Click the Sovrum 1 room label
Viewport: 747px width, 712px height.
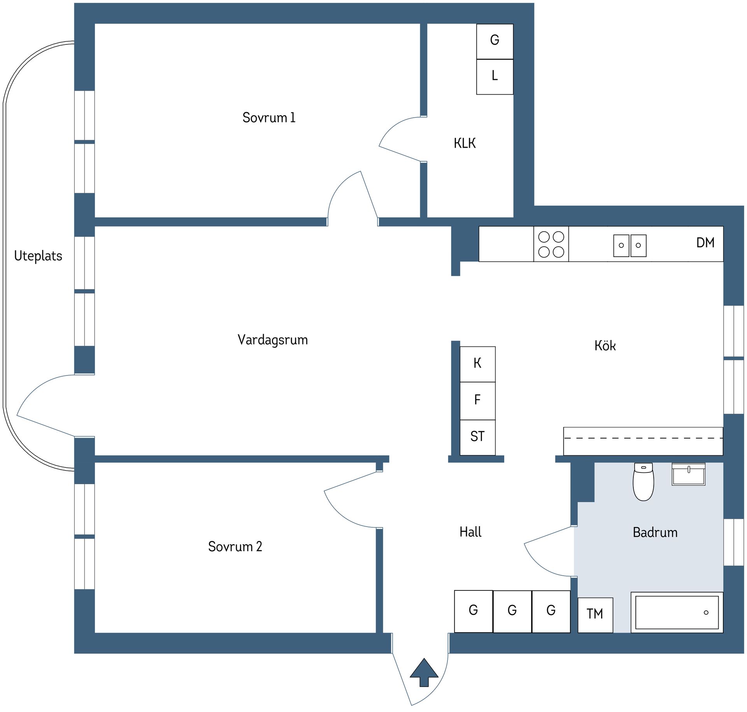click(x=269, y=118)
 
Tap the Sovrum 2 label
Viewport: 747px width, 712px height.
click(x=235, y=546)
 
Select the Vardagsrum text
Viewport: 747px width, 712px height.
click(x=273, y=340)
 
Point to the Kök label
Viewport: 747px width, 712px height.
click(x=605, y=345)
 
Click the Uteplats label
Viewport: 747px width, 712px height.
click(x=38, y=256)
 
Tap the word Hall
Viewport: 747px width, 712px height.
click(x=470, y=532)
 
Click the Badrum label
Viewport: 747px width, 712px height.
click(x=655, y=532)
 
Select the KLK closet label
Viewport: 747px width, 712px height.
click(x=465, y=143)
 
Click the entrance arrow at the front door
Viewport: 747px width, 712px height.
click(x=424, y=672)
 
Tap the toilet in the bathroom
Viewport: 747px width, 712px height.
click(x=644, y=482)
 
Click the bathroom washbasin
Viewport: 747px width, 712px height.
click(x=689, y=474)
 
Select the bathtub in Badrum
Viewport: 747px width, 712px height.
click(x=677, y=613)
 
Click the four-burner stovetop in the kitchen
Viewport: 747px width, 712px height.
click(x=551, y=244)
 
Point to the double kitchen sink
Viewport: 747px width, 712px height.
click(x=630, y=245)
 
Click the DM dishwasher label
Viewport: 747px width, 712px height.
click(x=705, y=243)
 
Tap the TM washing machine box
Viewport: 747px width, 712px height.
click(x=595, y=615)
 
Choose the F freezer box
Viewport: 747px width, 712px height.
click(x=477, y=401)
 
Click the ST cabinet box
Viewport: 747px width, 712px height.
click(x=477, y=437)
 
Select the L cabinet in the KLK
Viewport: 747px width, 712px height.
click(x=495, y=77)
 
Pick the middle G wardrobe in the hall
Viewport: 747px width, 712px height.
click(x=512, y=612)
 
